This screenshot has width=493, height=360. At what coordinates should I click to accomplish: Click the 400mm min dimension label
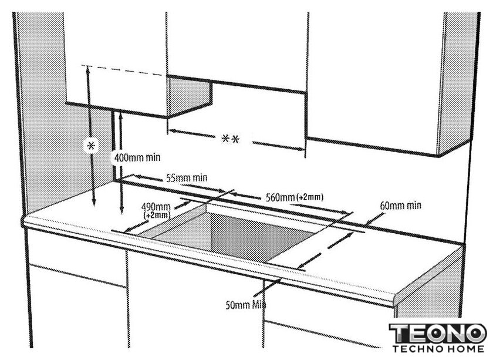[137, 157]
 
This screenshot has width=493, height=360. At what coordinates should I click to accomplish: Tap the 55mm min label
[187, 178]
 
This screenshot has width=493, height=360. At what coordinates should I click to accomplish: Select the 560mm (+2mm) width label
[294, 197]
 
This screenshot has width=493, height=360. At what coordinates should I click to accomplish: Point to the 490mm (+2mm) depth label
[156, 211]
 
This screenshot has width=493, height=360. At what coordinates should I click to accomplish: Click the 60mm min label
[400, 206]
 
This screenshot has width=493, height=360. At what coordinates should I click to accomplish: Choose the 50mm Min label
[245, 305]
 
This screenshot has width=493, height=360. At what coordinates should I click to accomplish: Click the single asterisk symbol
[91, 146]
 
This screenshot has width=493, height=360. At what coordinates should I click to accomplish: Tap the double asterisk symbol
[231, 139]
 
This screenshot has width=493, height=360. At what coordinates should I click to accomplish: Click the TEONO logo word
[438, 333]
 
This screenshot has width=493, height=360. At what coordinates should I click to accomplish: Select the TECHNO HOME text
[438, 349]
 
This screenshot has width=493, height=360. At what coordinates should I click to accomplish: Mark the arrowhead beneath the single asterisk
[93, 203]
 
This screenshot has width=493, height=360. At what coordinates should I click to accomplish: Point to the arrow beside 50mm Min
[267, 287]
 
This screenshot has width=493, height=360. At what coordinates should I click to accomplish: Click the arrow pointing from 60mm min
[375, 219]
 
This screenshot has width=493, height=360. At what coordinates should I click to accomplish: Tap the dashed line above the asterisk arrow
[123, 70]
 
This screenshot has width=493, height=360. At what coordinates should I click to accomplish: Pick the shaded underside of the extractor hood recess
[188, 96]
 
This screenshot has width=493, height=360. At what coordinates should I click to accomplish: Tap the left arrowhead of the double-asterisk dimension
[172, 130]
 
